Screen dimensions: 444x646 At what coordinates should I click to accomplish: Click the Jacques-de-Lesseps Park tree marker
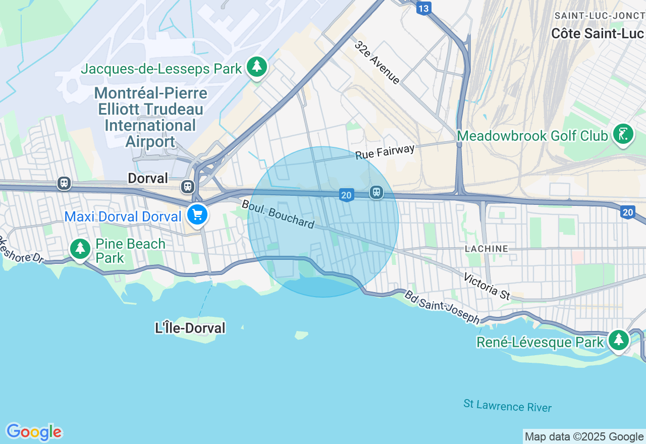(257, 67)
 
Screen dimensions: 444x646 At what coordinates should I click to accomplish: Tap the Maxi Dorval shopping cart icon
(197, 214)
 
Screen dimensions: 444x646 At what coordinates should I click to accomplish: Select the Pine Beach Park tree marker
(80, 248)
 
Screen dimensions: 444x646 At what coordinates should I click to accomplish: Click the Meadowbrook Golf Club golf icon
(623, 134)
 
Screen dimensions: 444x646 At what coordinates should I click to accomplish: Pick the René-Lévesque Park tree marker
(618, 340)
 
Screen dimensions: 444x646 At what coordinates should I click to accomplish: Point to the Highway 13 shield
(424, 8)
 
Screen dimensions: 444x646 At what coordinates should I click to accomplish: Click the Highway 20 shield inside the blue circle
(346, 195)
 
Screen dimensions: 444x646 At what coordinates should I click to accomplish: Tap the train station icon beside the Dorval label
(188, 186)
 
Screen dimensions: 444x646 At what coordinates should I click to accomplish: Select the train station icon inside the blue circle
(376, 192)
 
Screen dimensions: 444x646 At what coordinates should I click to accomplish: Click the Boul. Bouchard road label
(278, 214)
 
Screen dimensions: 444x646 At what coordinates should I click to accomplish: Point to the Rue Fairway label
(385, 151)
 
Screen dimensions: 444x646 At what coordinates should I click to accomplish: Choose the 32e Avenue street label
(378, 62)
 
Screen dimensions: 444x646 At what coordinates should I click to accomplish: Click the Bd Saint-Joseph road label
(442, 307)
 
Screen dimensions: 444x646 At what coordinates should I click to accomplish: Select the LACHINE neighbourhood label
(487, 249)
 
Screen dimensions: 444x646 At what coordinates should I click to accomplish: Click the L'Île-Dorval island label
(190, 328)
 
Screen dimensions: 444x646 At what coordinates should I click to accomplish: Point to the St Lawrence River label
(507, 406)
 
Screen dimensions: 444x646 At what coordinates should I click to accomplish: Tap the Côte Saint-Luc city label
(597, 34)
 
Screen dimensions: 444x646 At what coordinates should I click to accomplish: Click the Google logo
(34, 432)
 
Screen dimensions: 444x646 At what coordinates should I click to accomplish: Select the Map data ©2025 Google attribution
(584, 437)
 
